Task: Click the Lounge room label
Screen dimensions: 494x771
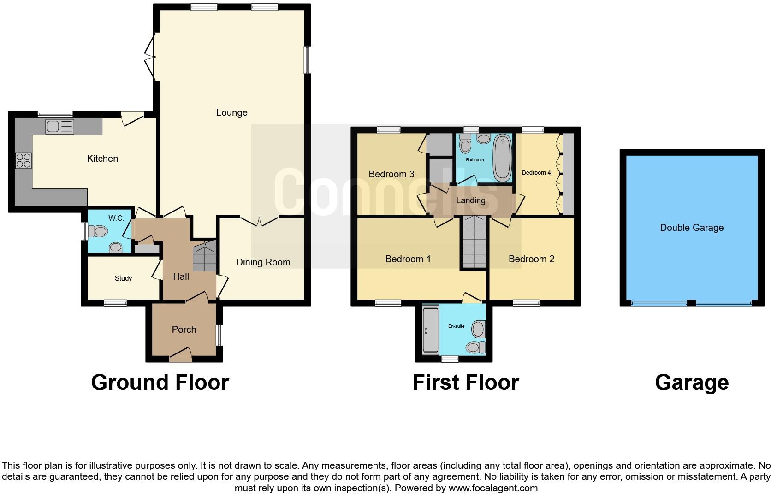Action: pyautogui.click(x=231, y=112)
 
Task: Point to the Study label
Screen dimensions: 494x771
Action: pyautogui.click(x=123, y=278)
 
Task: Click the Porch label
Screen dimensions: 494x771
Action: pyautogui.click(x=184, y=329)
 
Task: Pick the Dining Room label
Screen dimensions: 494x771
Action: pyautogui.click(x=263, y=262)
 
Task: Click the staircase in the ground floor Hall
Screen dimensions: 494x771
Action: pyautogui.click(x=204, y=256)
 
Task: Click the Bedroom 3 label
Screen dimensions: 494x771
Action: pyautogui.click(x=391, y=174)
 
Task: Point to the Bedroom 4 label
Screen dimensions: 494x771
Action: pyautogui.click(x=536, y=173)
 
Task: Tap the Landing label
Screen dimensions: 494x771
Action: pyautogui.click(x=470, y=200)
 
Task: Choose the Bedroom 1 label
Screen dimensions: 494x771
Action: pyautogui.click(x=408, y=259)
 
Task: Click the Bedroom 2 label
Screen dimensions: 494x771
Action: pyautogui.click(x=531, y=259)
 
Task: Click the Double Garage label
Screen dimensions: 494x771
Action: pyautogui.click(x=691, y=228)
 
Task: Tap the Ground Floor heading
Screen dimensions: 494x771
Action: pyautogui.click(x=160, y=382)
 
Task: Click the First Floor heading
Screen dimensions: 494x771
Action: pyautogui.click(x=465, y=382)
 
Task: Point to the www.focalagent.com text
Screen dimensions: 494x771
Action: pyautogui.click(x=493, y=488)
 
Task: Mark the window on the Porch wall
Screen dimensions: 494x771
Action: pyautogui.click(x=219, y=335)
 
